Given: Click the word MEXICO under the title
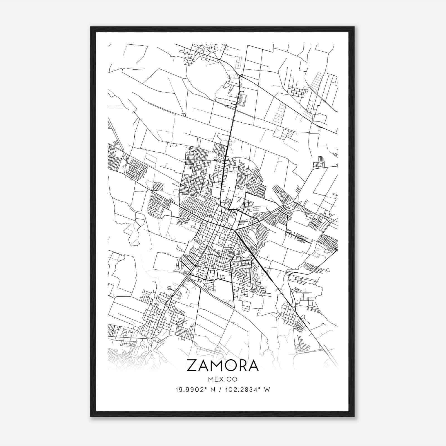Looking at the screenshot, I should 222,379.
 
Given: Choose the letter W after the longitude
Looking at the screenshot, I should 267,390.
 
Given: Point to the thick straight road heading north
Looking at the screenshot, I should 231,125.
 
